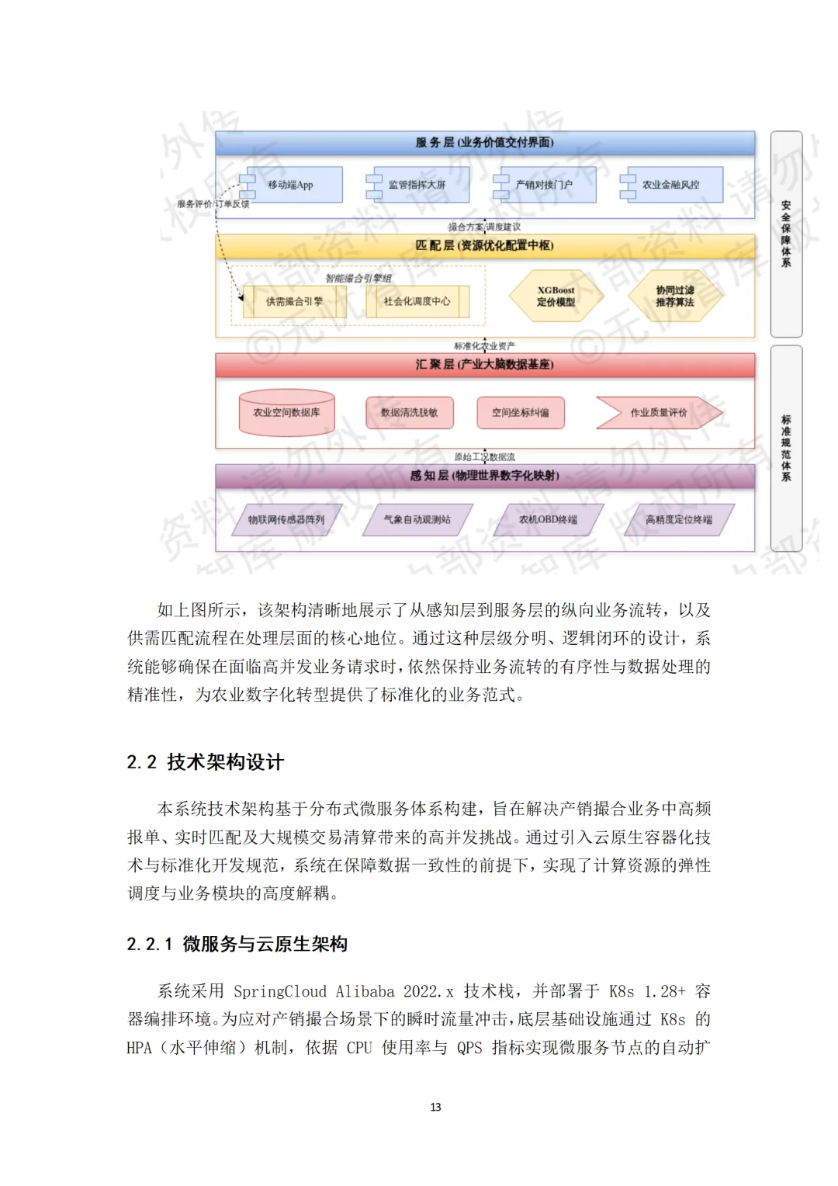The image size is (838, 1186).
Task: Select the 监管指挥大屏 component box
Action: coord(419,185)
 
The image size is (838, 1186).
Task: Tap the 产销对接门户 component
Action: coord(545,185)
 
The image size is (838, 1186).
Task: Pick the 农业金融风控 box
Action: coord(672,185)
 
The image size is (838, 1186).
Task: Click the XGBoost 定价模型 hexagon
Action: coord(556,296)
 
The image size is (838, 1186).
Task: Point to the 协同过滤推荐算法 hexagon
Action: coord(675,296)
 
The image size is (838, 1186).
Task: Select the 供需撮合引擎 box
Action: coord(294,301)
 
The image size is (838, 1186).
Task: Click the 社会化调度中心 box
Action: coord(417,301)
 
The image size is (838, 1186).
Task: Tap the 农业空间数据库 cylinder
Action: coord(286,412)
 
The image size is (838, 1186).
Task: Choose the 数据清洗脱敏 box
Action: coord(410,412)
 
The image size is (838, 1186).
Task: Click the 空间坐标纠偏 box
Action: coord(521,412)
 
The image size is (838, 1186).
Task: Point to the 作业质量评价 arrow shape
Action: coord(659,412)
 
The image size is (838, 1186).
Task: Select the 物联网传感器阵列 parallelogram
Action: coord(286,519)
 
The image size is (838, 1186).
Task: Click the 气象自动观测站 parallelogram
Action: coord(417,519)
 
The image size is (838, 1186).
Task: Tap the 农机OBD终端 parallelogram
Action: coord(549,519)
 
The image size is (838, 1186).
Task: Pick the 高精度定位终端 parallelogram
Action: coord(679,519)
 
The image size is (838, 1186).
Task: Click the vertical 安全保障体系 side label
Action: coord(786,234)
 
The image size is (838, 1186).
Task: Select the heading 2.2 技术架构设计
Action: coord(206,762)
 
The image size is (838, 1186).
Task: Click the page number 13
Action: coord(435,1107)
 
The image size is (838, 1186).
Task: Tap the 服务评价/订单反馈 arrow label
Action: coord(213,204)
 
